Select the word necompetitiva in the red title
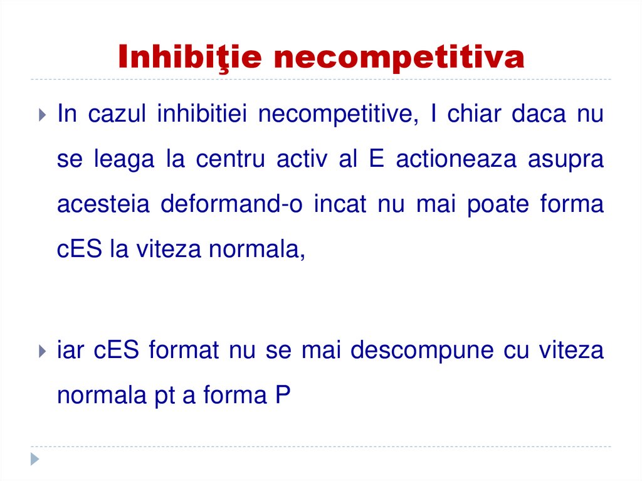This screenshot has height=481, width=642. (399, 58)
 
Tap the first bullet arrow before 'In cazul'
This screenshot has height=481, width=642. (41, 115)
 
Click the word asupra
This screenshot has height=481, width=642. (566, 161)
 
